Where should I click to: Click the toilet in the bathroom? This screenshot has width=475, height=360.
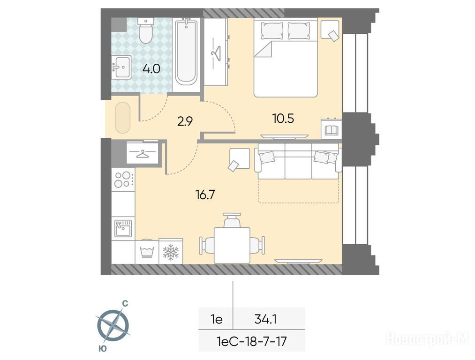(146, 30)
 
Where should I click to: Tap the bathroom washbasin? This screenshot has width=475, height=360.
(121, 67)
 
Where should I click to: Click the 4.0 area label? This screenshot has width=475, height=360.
(151, 69)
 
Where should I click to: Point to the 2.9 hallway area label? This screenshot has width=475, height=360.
(185, 122)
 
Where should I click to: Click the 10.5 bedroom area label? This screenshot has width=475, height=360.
(283, 119)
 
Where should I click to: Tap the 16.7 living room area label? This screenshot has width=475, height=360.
(205, 195)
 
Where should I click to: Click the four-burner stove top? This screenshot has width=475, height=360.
(123, 180)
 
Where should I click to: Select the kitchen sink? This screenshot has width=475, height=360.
(123, 228)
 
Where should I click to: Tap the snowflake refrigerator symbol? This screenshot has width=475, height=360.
(171, 251)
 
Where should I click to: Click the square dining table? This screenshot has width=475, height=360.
(233, 246)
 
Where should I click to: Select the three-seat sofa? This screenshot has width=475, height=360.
(298, 161)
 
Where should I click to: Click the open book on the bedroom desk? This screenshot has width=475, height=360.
(332, 130)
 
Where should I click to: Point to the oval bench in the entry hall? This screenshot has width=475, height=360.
(123, 118)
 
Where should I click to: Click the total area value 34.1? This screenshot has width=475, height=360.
(266, 319)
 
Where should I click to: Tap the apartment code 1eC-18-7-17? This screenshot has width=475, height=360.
(252, 342)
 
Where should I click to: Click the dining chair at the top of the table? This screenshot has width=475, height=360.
(233, 219)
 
